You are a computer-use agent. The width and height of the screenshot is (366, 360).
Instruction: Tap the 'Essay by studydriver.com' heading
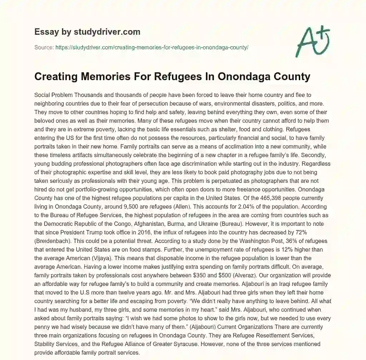(x=87, y=32)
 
